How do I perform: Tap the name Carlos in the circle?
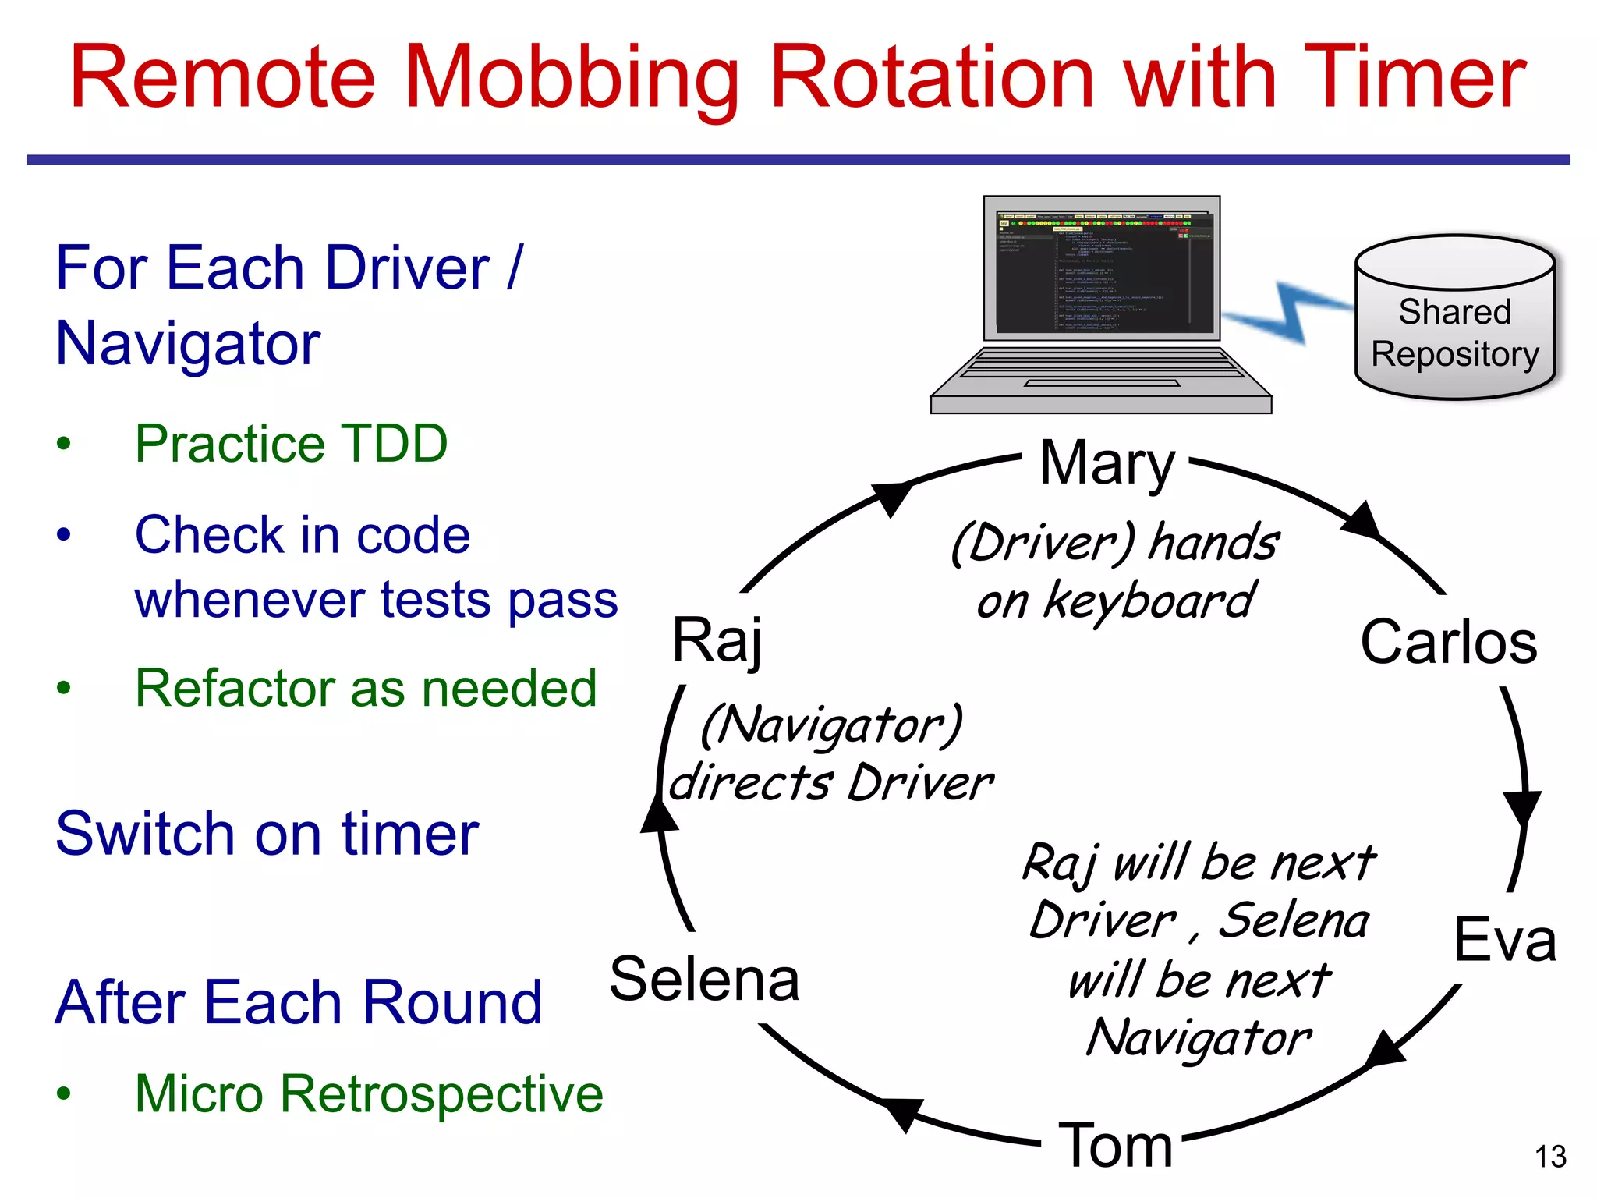1448,642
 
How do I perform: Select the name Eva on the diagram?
1504,940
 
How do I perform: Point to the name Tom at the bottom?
1115,1146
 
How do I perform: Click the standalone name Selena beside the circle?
704,979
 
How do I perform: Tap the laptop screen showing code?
1102,269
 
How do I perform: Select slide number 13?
1550,1157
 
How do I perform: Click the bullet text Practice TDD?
291,443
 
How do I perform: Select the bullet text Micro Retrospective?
369,1093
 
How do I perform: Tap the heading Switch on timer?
267,834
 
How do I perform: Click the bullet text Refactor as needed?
366,688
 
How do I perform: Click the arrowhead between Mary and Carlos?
1362,521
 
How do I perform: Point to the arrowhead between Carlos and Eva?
1522,806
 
